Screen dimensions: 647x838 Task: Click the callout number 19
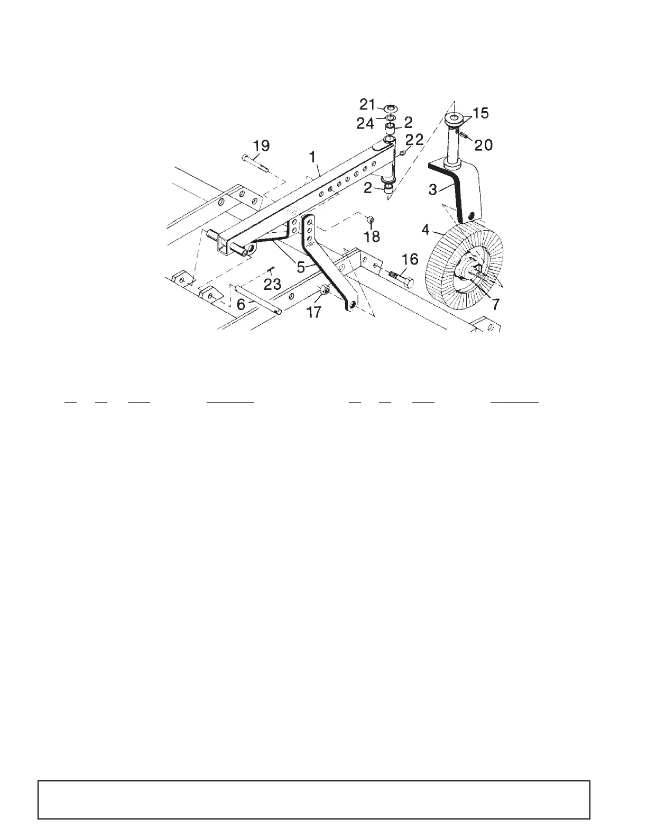click(x=262, y=145)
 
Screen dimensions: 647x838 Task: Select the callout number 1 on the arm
click(x=312, y=157)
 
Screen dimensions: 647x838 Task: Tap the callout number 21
click(x=366, y=104)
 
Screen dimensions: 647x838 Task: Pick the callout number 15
click(x=481, y=113)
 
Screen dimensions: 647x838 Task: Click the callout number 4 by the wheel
click(x=425, y=231)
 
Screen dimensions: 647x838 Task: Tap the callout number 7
click(x=495, y=305)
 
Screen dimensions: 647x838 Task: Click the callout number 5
click(x=301, y=267)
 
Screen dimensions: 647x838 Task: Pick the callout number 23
click(x=272, y=284)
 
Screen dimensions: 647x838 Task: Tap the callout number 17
click(x=314, y=312)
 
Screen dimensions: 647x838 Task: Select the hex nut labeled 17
click(x=325, y=290)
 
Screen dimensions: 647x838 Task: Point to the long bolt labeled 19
click(x=255, y=163)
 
